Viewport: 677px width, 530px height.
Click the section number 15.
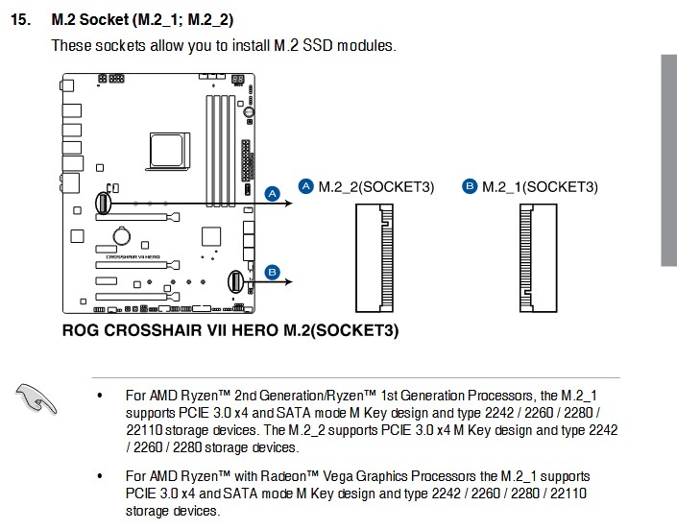click(20, 20)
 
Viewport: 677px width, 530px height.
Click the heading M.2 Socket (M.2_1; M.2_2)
click(142, 20)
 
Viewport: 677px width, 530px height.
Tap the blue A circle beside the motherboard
click(272, 194)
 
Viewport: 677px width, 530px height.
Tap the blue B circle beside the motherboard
click(272, 273)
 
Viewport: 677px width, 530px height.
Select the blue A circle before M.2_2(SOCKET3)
click(306, 186)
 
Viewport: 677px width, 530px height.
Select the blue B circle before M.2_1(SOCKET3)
click(470, 186)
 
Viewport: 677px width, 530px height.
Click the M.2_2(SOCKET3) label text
click(376, 187)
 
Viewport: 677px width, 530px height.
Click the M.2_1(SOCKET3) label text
click(540, 187)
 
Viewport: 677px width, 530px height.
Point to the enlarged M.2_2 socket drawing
click(375, 258)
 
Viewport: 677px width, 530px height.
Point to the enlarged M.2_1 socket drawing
click(539, 258)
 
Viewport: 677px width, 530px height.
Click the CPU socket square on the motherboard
click(167, 151)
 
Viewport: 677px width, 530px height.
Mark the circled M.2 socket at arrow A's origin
click(103, 203)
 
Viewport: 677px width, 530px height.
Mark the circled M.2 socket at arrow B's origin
click(235, 281)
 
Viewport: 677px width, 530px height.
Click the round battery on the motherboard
click(122, 236)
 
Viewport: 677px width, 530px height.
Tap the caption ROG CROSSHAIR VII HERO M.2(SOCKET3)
click(230, 330)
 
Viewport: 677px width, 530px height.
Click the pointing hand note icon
click(36, 398)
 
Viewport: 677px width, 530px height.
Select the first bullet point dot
click(100, 396)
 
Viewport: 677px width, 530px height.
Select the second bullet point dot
click(100, 476)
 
